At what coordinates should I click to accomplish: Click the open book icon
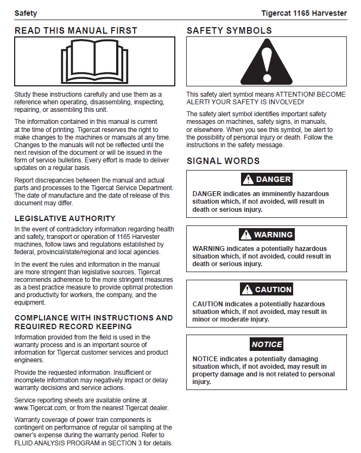pyautogui.click(x=95, y=61)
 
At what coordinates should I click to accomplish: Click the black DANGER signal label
pyautogui.click(x=267, y=179)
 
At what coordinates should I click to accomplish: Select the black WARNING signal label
pyautogui.click(x=266, y=235)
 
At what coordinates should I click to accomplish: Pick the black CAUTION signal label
pyautogui.click(x=267, y=290)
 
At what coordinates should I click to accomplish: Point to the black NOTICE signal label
pyautogui.click(x=267, y=344)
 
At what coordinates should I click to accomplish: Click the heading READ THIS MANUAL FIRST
pyautogui.click(x=76, y=30)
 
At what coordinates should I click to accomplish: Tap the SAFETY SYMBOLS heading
pyautogui.click(x=229, y=30)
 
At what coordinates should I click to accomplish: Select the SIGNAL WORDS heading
pyautogui.click(x=223, y=161)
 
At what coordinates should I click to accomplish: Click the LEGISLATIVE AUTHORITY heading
pyautogui.click(x=65, y=218)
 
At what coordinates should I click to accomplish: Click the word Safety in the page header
pyautogui.click(x=26, y=13)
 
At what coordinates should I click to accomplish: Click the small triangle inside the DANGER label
pyautogui.click(x=248, y=179)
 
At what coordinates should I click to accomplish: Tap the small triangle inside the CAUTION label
pyautogui.click(x=247, y=290)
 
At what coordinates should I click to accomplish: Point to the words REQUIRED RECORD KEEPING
pyautogui.click(x=73, y=326)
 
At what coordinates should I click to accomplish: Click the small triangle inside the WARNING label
pyautogui.click(x=246, y=235)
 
